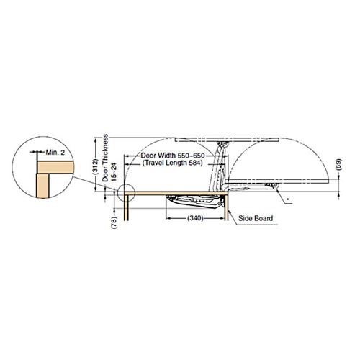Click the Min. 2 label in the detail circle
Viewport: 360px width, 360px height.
pyautogui.click(x=55, y=152)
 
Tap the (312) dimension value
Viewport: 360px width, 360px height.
pyautogui.click(x=96, y=166)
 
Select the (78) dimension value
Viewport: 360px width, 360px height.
pyautogui.click(x=114, y=222)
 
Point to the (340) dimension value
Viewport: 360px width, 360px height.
pyautogui.click(x=195, y=218)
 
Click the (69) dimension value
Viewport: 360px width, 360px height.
pyautogui.click(x=339, y=164)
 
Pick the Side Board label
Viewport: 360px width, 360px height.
pyautogui.click(x=256, y=218)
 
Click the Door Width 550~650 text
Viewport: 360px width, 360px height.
pyautogui.click(x=173, y=156)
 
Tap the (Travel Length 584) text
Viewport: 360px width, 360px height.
pyautogui.click(x=173, y=163)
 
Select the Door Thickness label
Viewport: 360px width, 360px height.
pyautogui.click(x=105, y=158)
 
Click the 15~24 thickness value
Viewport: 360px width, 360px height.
pyautogui.click(x=114, y=172)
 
